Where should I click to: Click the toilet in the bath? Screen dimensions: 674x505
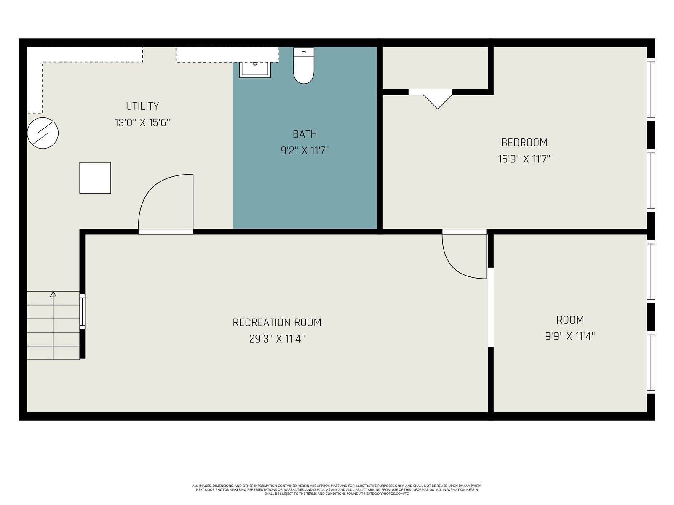303,66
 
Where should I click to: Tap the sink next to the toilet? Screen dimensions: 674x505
255,70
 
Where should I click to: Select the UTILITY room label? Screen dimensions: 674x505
142,106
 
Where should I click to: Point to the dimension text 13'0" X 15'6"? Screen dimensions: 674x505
142,122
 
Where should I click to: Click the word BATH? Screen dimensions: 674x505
305,134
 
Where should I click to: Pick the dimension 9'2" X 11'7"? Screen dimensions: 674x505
305,151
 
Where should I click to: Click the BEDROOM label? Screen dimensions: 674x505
524,143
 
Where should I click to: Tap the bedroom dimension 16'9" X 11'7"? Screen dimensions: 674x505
524,159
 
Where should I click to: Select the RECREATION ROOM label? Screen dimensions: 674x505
277,322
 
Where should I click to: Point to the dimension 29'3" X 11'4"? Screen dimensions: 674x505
277,339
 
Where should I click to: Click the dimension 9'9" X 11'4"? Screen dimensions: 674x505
570,336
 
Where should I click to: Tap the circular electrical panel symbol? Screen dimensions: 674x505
43,133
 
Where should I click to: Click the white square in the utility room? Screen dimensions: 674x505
95,178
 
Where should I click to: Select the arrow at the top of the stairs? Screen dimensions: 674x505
53,294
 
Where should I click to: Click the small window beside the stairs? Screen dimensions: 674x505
82,311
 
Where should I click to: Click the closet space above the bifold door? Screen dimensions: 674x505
435,68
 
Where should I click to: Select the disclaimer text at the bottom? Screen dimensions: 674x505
337,490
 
